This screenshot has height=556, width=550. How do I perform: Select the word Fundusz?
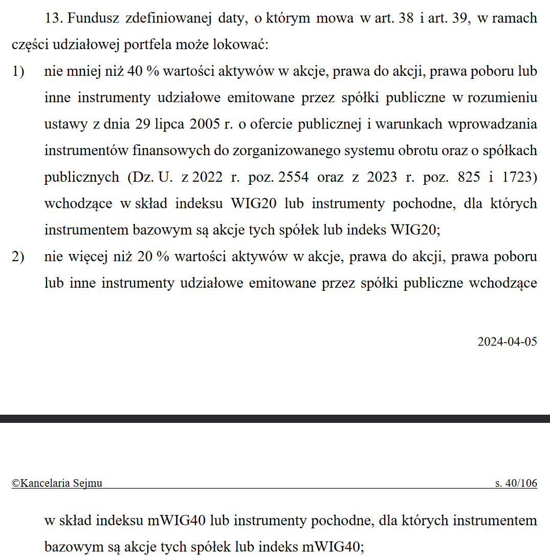pyautogui.click(x=91, y=19)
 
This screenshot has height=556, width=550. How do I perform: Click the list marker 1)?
pyautogui.click(x=18, y=72)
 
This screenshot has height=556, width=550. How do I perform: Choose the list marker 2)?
pyautogui.click(x=18, y=257)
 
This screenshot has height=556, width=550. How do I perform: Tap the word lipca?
pyautogui.click(x=161, y=124)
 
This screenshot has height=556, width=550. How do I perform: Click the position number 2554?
pyautogui.click(x=294, y=178)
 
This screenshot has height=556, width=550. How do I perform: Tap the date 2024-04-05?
pyautogui.click(x=507, y=341)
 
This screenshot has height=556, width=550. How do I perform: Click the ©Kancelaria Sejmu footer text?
pyautogui.click(x=57, y=483)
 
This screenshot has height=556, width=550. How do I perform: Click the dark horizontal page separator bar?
pyautogui.click(x=275, y=419)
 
